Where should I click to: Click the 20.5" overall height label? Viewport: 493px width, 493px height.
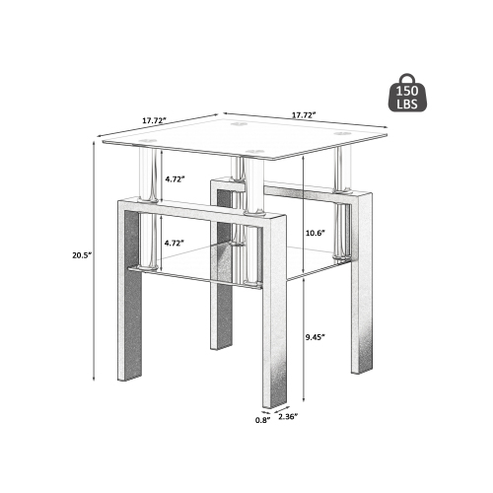pos(82,254)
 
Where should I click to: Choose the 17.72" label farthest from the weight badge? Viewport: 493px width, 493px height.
pos(153,120)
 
